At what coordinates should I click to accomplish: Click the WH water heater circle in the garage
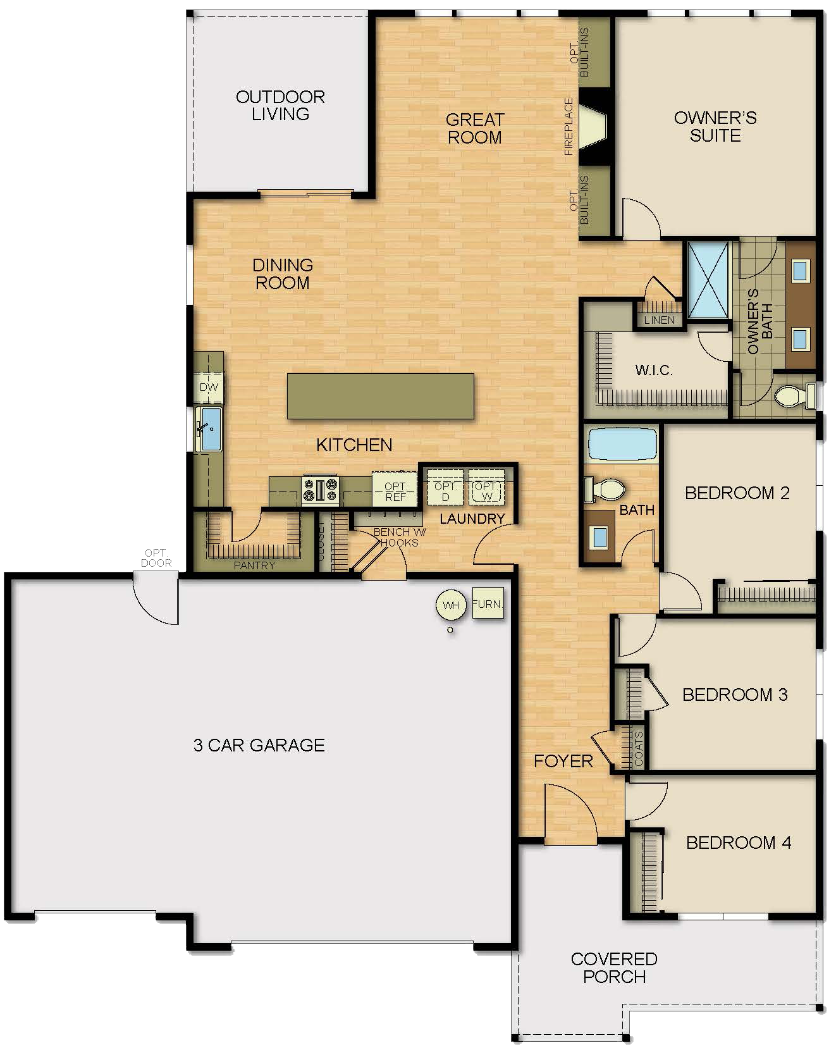[450, 605]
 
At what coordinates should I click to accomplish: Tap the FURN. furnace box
[488, 604]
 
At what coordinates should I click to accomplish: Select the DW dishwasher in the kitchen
[209, 387]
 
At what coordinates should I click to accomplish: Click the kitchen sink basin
[210, 429]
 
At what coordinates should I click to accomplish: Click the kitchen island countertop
[380, 396]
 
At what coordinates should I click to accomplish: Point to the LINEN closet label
[659, 320]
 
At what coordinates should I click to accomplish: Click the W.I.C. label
[653, 370]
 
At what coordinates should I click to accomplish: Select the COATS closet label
[638, 749]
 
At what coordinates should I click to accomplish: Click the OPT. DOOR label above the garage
[156, 558]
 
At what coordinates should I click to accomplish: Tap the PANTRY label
[254, 565]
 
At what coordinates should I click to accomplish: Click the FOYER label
[563, 761]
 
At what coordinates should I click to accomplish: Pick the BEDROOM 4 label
[738, 843]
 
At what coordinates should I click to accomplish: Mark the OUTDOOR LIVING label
[280, 105]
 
